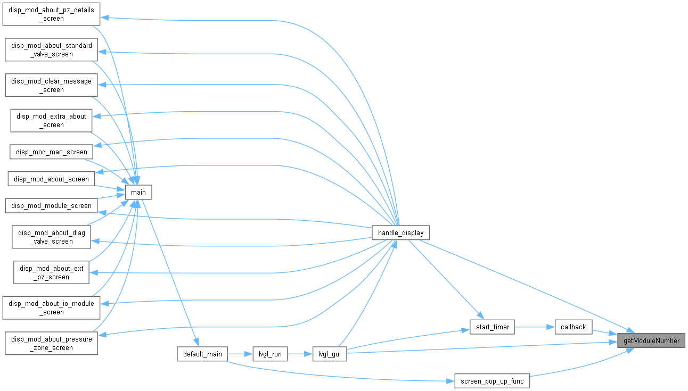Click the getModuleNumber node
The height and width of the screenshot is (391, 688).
tap(651, 340)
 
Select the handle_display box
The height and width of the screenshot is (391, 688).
tap(400, 232)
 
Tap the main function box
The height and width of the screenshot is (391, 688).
tap(138, 192)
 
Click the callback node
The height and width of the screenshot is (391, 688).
tap(574, 327)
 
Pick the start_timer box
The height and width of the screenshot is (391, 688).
tap(492, 327)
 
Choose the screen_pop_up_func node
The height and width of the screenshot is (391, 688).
tap(492, 381)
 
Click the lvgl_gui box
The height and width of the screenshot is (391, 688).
tap(330, 354)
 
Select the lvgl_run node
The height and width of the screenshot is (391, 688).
tap(270, 354)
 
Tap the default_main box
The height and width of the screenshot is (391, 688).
tap(202, 354)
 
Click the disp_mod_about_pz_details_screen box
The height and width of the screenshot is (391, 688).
tap(51, 14)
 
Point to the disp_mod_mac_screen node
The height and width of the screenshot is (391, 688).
tap(51, 152)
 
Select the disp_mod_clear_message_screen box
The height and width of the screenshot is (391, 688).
tap(51, 85)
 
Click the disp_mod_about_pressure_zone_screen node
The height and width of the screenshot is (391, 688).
tap(51, 343)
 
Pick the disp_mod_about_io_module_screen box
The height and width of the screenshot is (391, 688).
tap(51, 307)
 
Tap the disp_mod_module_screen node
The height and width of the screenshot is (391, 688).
tap(51, 206)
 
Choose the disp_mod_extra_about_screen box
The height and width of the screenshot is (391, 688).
tap(51, 121)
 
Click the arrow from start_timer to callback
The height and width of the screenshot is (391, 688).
tap(535, 327)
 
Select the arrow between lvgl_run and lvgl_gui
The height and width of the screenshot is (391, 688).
tap(300, 354)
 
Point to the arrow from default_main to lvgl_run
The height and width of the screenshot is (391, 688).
tap(240, 354)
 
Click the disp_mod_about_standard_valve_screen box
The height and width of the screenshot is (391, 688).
tap(51, 49)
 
